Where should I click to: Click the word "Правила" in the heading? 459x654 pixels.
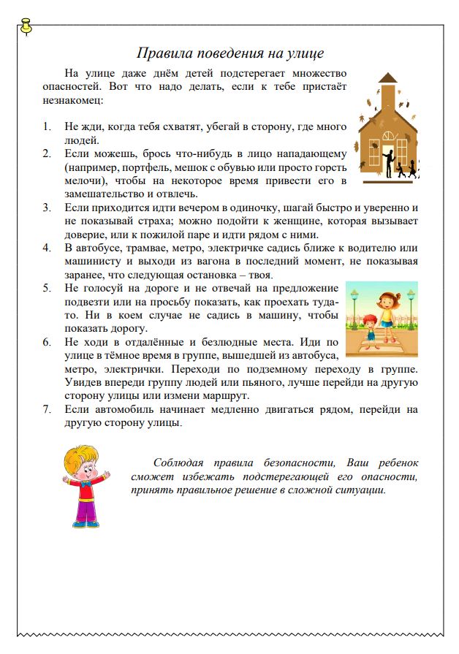pos(161,53)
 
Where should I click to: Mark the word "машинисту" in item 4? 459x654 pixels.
pos(91,262)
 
